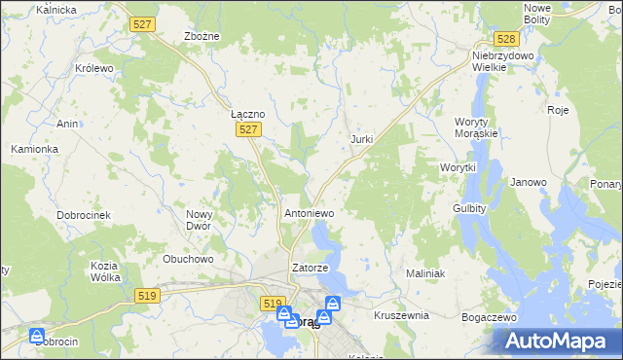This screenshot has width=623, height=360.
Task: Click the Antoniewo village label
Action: pos(309,212)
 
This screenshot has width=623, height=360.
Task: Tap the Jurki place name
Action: pos(361,139)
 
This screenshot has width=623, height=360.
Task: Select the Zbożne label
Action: pos(202,36)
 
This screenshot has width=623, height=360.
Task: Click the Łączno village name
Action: pos(247,114)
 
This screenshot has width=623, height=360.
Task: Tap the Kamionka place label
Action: pos(35,149)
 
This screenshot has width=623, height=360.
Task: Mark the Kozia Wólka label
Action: pos(104,271)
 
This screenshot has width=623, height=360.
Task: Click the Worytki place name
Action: pos(457,167)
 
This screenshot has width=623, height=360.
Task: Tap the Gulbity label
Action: pos(469,208)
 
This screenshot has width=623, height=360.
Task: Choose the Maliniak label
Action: pos(424,274)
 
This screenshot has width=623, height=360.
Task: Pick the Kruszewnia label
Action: pos(401,315)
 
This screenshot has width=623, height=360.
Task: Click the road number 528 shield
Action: pos(504,39)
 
